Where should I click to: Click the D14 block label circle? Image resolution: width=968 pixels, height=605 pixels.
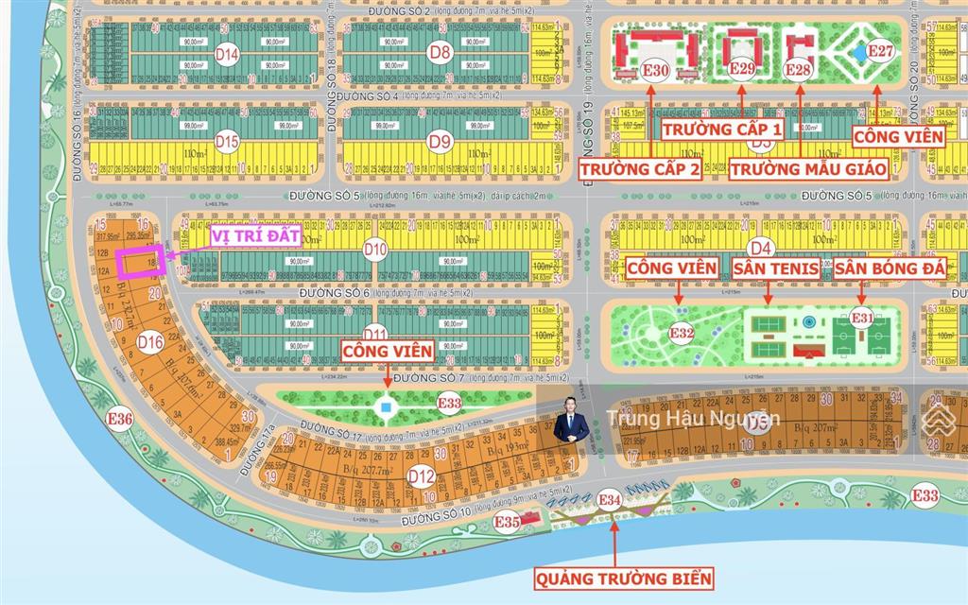(226, 55)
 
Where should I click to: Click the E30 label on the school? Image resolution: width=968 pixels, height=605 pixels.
(657, 71)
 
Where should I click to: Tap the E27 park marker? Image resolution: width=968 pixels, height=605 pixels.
(880, 50)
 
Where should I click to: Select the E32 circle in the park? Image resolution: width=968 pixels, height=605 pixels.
(683, 333)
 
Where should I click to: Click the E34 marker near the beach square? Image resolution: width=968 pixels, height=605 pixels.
(610, 499)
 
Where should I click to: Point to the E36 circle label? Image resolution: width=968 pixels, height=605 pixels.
(120, 419)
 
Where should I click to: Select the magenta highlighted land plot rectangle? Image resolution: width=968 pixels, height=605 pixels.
(140, 263)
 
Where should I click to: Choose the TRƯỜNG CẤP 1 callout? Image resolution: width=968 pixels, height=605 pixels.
(722, 128)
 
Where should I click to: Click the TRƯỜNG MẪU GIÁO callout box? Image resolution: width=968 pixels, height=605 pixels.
(808, 169)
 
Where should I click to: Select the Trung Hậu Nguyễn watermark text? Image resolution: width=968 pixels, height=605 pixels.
(693, 418)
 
